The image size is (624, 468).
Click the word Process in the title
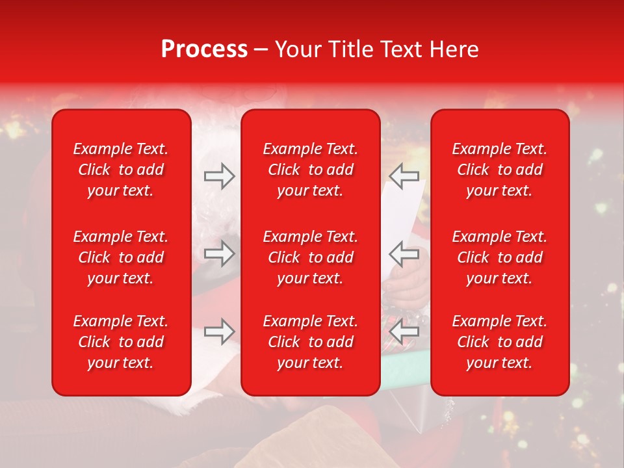(x=204, y=49)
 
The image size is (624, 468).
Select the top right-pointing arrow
(x=219, y=176)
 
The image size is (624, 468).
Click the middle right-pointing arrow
(x=219, y=253)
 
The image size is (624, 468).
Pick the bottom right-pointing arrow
(x=219, y=331)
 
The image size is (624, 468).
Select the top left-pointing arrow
(x=404, y=176)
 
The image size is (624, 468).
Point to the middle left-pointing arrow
(x=404, y=253)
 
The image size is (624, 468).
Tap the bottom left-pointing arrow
(x=404, y=331)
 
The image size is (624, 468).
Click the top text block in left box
(x=121, y=170)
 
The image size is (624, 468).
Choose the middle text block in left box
(x=121, y=257)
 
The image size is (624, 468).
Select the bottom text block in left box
(x=121, y=342)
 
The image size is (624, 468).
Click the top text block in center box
(x=310, y=170)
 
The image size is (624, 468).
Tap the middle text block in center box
(x=310, y=257)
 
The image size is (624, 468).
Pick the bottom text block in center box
(x=310, y=342)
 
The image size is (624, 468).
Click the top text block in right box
(x=499, y=170)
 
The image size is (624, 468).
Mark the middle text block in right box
(x=499, y=257)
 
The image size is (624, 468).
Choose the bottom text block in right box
(x=499, y=342)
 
